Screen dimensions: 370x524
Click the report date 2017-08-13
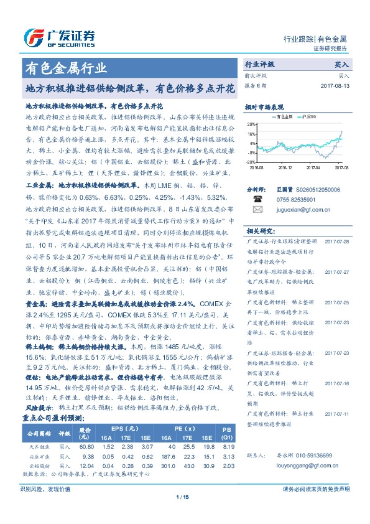(x=336, y=85)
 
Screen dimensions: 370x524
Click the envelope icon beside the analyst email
(x=254, y=212)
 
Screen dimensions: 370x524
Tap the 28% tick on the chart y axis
(x=250, y=124)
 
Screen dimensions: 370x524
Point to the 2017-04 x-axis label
(x=313, y=167)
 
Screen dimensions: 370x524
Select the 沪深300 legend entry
(x=308, y=116)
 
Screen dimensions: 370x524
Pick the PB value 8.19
(x=228, y=447)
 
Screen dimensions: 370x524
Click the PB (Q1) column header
(x=227, y=433)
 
